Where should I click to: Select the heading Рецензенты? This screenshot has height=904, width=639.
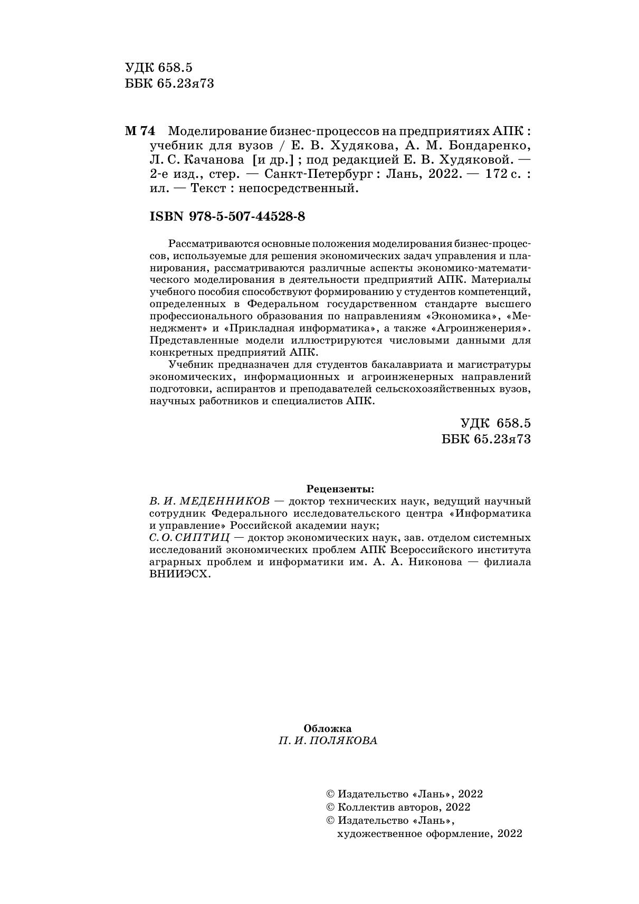point(340,488)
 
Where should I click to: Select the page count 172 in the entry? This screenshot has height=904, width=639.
point(492,174)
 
